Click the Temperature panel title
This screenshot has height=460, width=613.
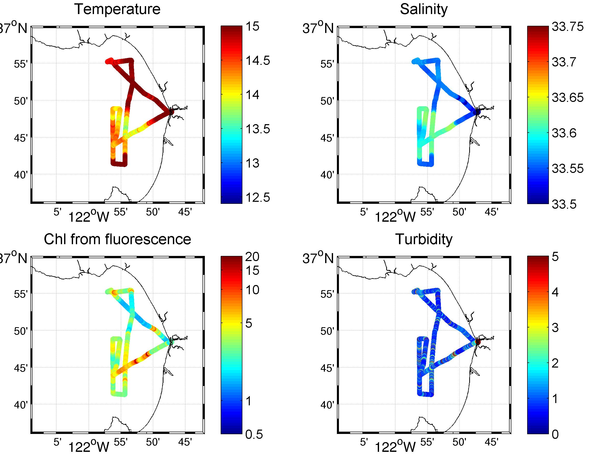pyautogui.click(x=117, y=9)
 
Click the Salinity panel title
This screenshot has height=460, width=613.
pyautogui.click(x=423, y=9)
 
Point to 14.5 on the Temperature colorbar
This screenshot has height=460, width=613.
pyautogui.click(x=258, y=61)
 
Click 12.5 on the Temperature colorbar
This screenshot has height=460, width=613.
pyautogui.click(x=258, y=198)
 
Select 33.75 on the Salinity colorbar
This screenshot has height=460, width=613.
pyautogui.click(x=568, y=27)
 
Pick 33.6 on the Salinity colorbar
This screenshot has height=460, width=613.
pyautogui.click(x=564, y=133)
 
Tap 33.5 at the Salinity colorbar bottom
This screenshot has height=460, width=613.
pyautogui.click(x=564, y=205)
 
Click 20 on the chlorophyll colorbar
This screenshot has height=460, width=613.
pyautogui.click(x=252, y=257)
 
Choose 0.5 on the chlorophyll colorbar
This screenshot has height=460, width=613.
pyautogui.click(x=254, y=434)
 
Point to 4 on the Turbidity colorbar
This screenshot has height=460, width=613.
pyautogui.click(x=555, y=292)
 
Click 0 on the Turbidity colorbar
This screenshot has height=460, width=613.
pyautogui.click(x=555, y=434)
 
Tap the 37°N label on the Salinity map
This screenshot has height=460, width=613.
pyautogui.click(x=318, y=28)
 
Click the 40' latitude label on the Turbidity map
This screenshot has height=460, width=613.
pyautogui.click(x=327, y=405)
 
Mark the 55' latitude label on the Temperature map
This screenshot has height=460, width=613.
pyautogui.click(x=21, y=64)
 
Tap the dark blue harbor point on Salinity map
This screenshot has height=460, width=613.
pyautogui.click(x=477, y=112)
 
